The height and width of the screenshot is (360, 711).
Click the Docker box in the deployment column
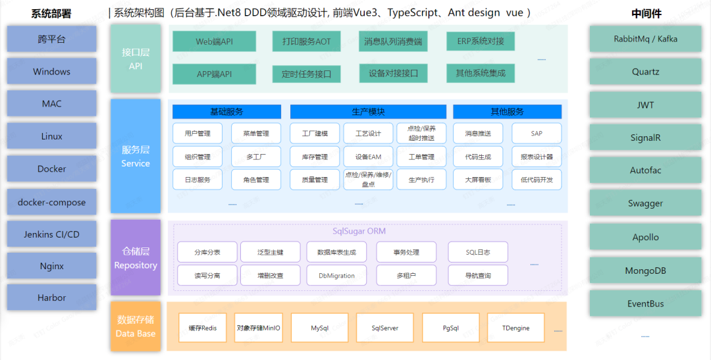(51, 169)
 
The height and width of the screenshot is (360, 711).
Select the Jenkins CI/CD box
(51, 234)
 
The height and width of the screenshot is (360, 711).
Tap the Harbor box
(51, 298)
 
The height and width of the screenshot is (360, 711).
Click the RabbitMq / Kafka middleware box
(645, 39)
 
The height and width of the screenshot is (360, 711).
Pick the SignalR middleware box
(645, 138)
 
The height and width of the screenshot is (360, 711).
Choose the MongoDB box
(645, 270)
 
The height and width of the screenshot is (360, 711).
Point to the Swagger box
(645, 203)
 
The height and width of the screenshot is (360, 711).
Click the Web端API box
(214, 41)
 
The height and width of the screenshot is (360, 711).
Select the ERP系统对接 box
(481, 41)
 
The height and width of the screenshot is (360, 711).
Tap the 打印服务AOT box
(302, 41)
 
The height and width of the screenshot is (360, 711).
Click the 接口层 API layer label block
(136, 59)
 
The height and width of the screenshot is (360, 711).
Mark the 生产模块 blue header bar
(368, 112)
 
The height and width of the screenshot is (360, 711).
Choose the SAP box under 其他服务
(537, 134)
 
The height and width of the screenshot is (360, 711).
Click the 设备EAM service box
(368, 157)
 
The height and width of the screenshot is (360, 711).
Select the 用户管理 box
(197, 134)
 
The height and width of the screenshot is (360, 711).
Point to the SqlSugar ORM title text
(359, 231)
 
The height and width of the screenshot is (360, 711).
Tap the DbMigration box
(336, 276)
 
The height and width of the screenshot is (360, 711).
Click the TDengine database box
(515, 328)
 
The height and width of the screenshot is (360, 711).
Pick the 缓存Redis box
(203, 328)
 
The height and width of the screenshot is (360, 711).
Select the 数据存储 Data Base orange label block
(136, 326)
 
